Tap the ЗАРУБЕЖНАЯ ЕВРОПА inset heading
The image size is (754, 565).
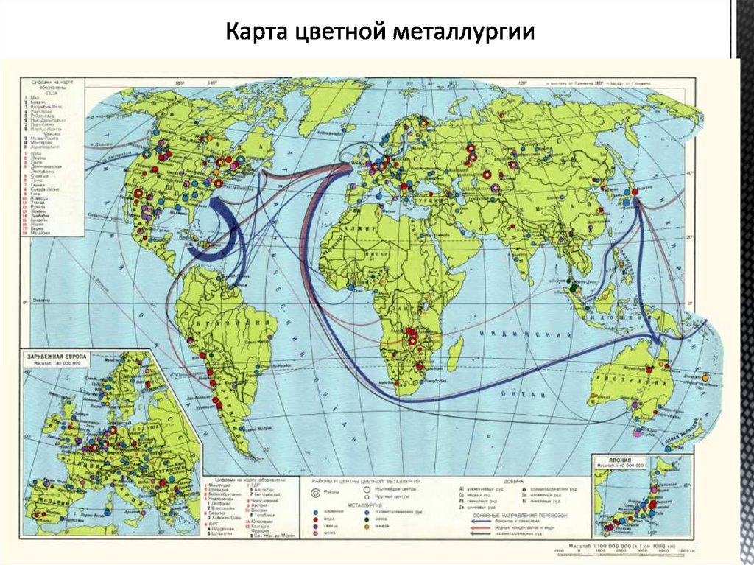click(57, 357)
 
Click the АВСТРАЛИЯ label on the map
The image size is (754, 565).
click(635, 370)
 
